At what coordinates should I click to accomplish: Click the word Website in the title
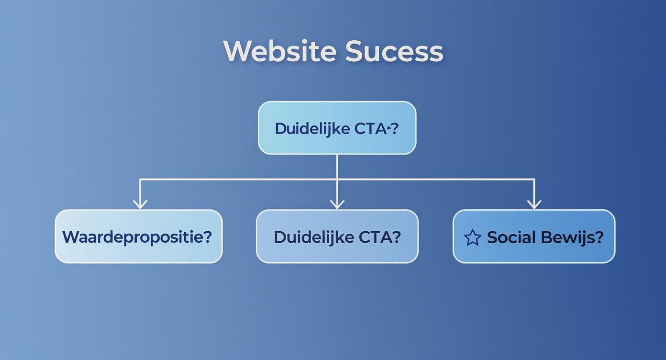pyautogui.click(x=281, y=51)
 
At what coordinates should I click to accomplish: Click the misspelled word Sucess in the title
pyautogui.click(x=394, y=51)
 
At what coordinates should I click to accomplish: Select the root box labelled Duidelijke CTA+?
pyautogui.click(x=337, y=127)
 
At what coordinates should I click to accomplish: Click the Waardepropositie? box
pyautogui.click(x=138, y=236)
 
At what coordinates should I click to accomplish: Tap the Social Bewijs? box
pyautogui.click(x=533, y=236)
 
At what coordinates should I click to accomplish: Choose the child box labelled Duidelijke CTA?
pyautogui.click(x=337, y=236)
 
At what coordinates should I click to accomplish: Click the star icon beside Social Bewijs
pyautogui.click(x=472, y=237)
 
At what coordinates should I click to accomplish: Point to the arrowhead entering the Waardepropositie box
pyautogui.click(x=140, y=204)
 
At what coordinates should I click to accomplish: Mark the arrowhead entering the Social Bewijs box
pyautogui.click(x=534, y=204)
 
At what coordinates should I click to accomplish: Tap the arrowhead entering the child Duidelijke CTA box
pyautogui.click(x=337, y=204)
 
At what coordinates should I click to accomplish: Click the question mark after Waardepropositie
pyautogui.click(x=207, y=236)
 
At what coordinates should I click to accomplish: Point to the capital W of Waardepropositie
pyautogui.click(x=71, y=236)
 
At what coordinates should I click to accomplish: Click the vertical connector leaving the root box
pyautogui.click(x=337, y=166)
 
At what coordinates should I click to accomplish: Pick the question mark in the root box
pyautogui.click(x=394, y=128)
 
